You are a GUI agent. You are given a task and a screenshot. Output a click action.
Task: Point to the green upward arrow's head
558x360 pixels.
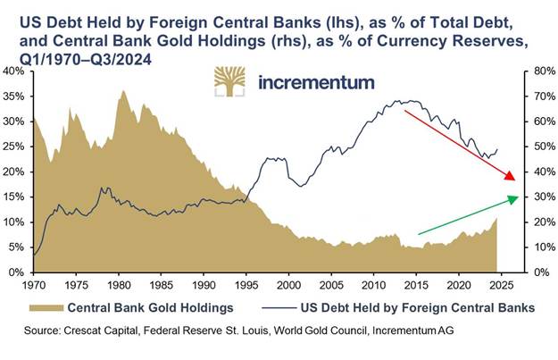click(513, 198)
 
